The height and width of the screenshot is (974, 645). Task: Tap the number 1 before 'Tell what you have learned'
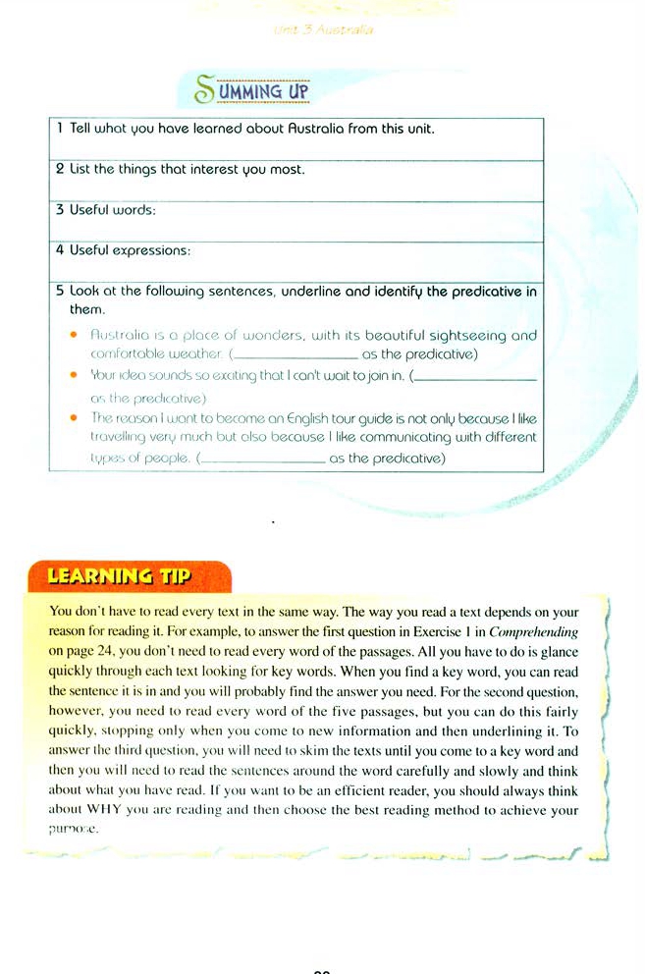(59, 129)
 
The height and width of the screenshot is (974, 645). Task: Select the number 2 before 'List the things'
(59, 170)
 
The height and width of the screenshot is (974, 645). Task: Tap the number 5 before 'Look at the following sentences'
(59, 292)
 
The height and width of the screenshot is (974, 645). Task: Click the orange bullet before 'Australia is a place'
(74, 335)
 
